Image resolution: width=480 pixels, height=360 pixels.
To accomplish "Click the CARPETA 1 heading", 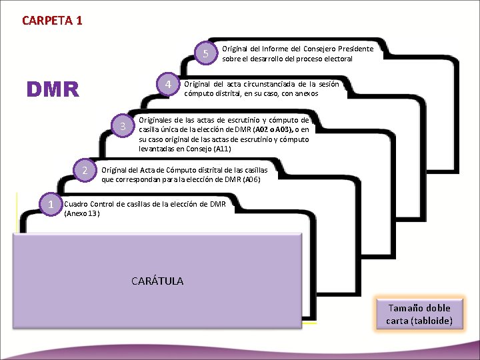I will click(x=52, y=20).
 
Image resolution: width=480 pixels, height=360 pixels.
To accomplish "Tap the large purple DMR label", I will click(x=52, y=89).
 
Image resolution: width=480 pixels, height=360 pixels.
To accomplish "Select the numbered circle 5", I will click(x=207, y=54).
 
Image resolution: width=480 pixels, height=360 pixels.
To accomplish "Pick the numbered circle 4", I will click(x=169, y=85).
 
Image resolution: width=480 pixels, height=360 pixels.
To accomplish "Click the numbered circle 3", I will click(x=122, y=127).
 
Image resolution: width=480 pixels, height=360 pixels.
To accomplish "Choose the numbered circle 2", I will click(x=84, y=171).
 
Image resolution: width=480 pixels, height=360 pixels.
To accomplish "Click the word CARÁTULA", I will click(x=157, y=281).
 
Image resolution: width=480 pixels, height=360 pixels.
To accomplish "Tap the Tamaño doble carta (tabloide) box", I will click(x=419, y=314).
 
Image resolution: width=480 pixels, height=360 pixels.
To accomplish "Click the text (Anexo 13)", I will click(x=82, y=213).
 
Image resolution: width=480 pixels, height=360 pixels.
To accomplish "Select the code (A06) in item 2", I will click(x=251, y=179).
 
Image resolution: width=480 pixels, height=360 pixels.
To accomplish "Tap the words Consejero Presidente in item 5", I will click(x=338, y=49).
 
